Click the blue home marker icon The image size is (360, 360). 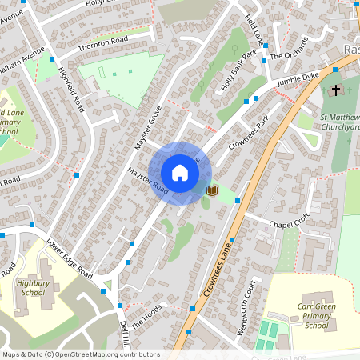point(180,173)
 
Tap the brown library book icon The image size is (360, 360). point(212,190)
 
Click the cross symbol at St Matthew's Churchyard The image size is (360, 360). point(336,90)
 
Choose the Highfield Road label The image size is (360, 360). point(70,89)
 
